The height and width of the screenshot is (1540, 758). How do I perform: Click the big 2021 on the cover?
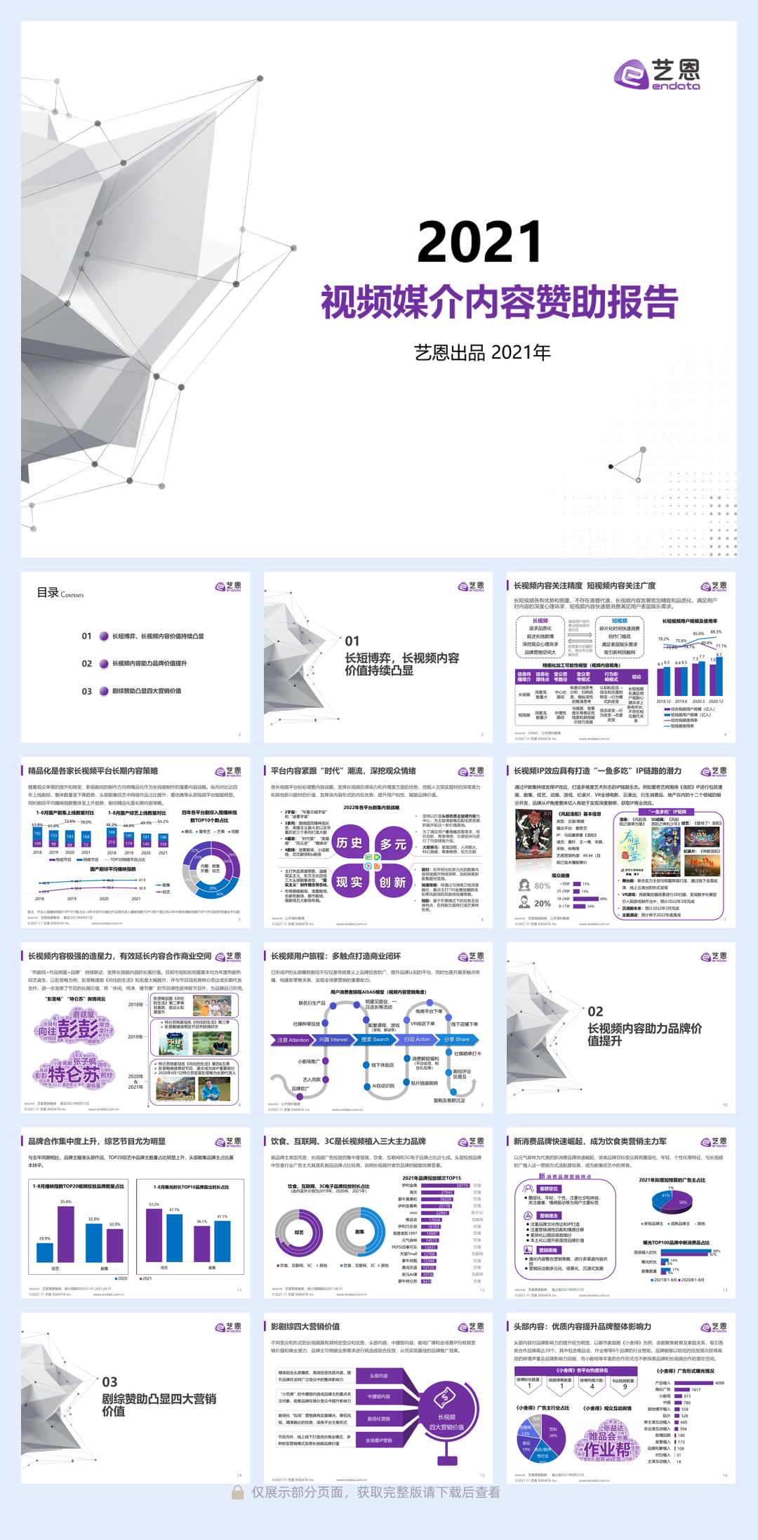480,241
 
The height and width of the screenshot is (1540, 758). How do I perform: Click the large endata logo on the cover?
657,74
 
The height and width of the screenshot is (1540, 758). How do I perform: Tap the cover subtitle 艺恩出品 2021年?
482,352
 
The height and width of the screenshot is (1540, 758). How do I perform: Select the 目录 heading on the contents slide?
48,592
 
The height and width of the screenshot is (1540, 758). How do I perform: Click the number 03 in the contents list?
86,691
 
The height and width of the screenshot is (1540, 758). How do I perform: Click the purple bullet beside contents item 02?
104,664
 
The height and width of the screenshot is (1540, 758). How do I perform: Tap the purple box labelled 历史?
349,843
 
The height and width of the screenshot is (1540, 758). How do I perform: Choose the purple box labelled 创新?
393,882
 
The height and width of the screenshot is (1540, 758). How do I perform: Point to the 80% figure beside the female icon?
543,885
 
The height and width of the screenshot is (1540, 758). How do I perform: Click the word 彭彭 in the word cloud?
78,1029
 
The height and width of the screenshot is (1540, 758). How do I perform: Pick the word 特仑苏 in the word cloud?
73,1074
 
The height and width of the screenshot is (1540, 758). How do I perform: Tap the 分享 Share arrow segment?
458,1040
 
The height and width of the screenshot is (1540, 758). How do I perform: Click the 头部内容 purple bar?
379,1376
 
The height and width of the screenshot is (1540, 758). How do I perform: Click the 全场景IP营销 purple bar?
379,1440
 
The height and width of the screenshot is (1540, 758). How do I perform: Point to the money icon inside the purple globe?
445,1398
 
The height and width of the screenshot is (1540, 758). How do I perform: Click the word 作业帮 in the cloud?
607,1449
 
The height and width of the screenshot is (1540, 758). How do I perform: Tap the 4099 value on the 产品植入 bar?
719,1383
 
